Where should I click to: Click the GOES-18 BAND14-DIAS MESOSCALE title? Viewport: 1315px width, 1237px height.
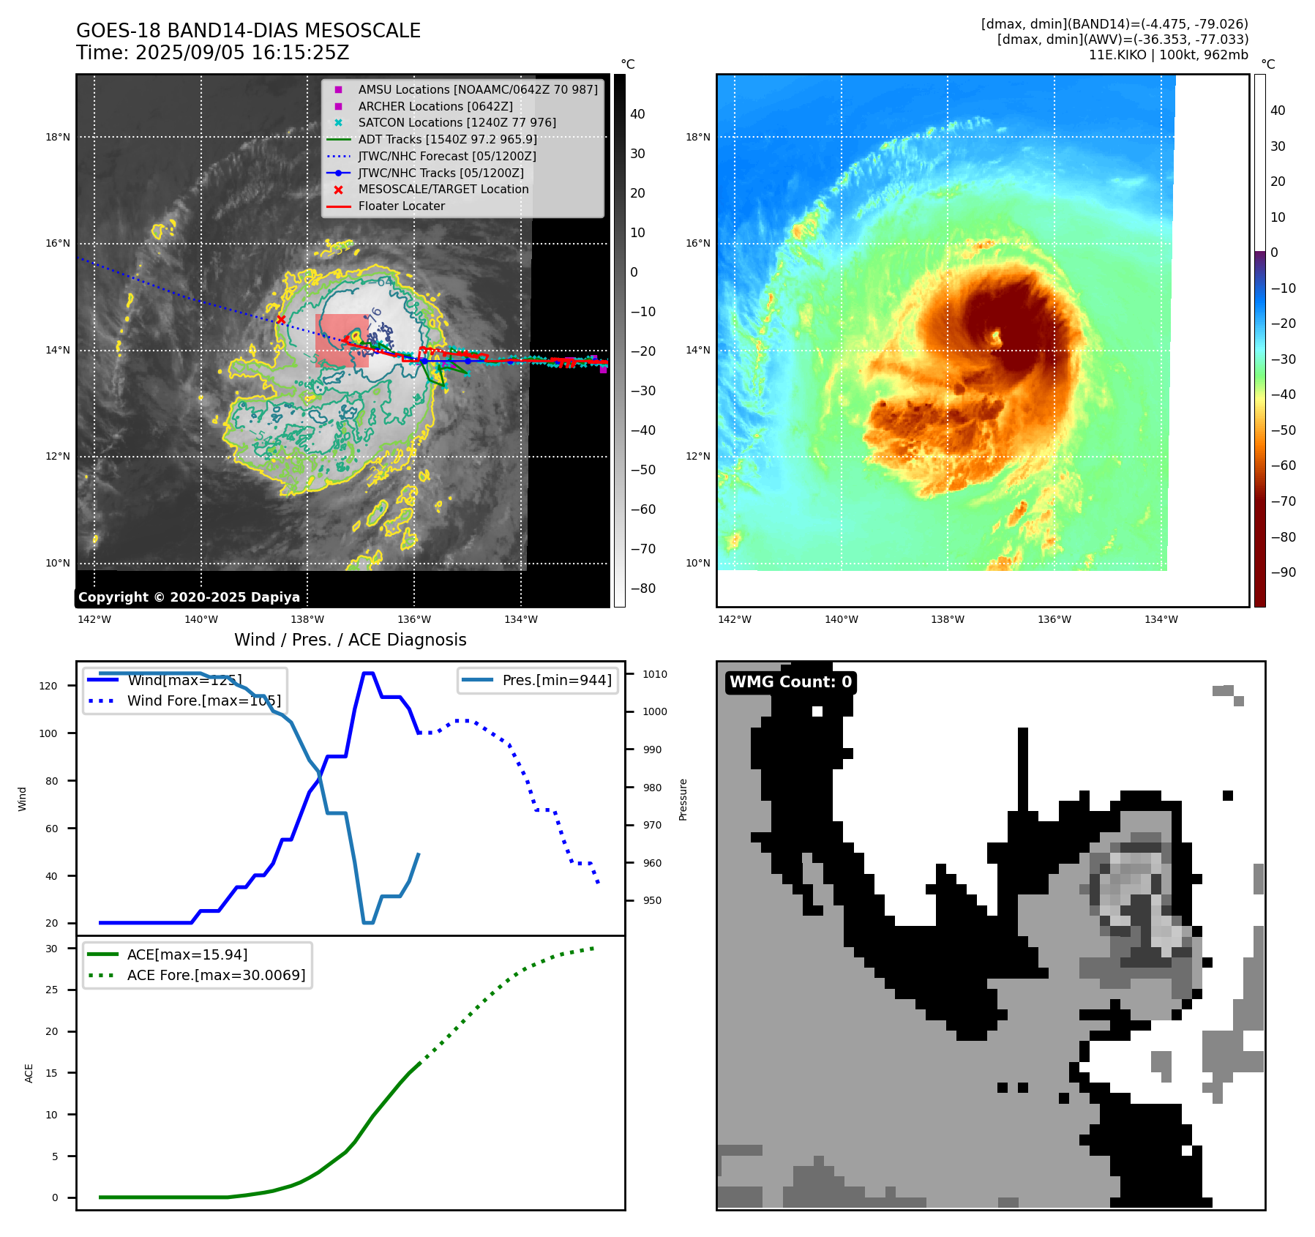(248, 31)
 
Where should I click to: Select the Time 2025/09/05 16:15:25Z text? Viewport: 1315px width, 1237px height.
(212, 53)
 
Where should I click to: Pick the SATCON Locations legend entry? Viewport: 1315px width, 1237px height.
(457, 122)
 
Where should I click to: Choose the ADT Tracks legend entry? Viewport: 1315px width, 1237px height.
(447, 139)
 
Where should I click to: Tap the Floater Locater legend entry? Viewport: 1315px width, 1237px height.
(401, 206)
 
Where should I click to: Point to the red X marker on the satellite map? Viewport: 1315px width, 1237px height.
(281, 319)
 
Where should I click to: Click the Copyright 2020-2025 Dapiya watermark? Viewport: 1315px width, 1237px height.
(189, 597)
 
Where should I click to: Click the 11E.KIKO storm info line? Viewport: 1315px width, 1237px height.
(1168, 55)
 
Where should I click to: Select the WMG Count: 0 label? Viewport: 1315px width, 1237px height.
(790, 682)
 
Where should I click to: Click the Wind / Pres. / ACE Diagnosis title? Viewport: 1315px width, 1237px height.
(350, 640)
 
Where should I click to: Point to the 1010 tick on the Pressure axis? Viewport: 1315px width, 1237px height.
(654, 674)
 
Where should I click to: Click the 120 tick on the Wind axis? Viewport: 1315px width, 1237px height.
(48, 686)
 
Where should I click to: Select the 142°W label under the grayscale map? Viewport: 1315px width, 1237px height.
(94, 619)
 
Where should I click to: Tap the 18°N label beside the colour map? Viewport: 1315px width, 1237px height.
(697, 137)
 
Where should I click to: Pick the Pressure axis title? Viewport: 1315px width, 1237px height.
(683, 799)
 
